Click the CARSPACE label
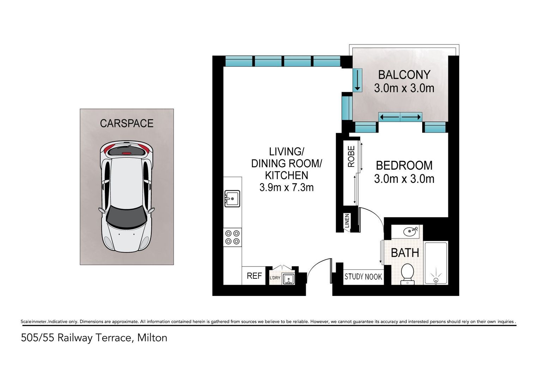click(x=127, y=123)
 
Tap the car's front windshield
click(x=127, y=217)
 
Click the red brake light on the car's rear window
click(x=126, y=153)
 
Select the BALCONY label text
click(x=404, y=74)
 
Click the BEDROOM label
click(x=404, y=165)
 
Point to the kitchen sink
click(x=232, y=199)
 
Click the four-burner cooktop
click(x=232, y=237)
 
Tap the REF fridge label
click(x=254, y=276)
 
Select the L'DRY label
click(x=275, y=278)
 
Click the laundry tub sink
click(x=288, y=279)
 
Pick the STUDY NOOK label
click(x=363, y=277)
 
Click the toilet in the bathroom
click(x=407, y=274)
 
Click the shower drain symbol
click(x=436, y=280)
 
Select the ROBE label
click(x=351, y=156)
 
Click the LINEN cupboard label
click(x=347, y=221)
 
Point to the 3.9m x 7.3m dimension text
click(x=286, y=187)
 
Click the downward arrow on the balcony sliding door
click(x=358, y=80)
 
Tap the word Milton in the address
click(x=152, y=338)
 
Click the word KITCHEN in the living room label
click(x=286, y=175)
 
